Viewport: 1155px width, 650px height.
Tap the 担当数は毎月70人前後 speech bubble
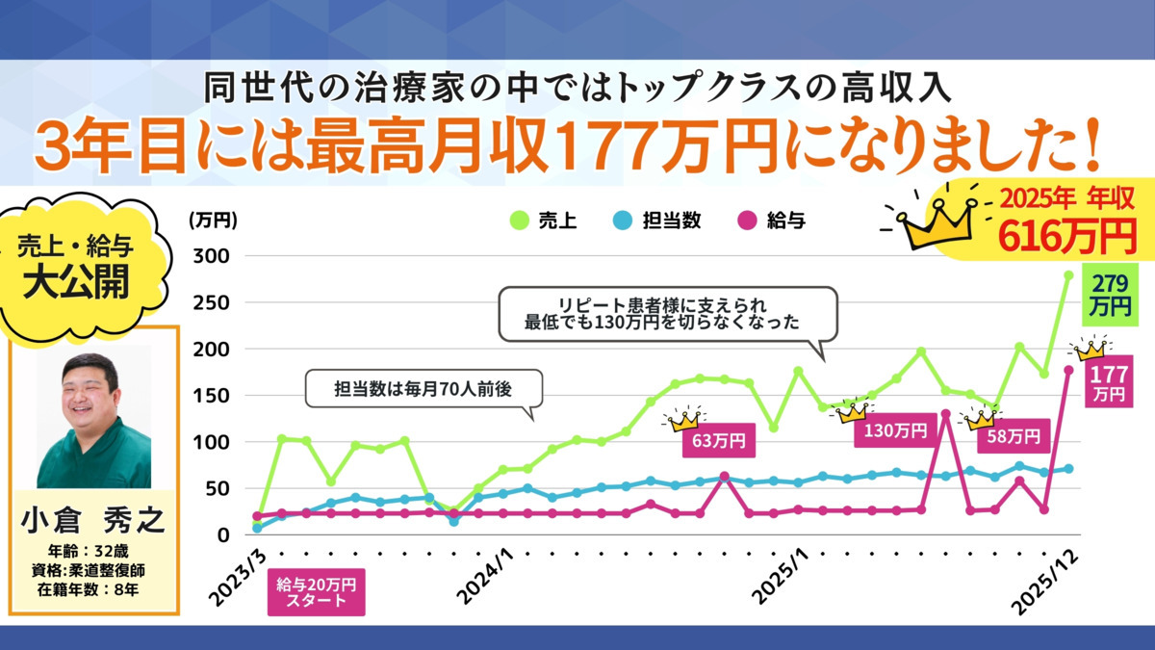[x=423, y=389]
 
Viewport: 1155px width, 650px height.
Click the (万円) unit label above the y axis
[x=212, y=221]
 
